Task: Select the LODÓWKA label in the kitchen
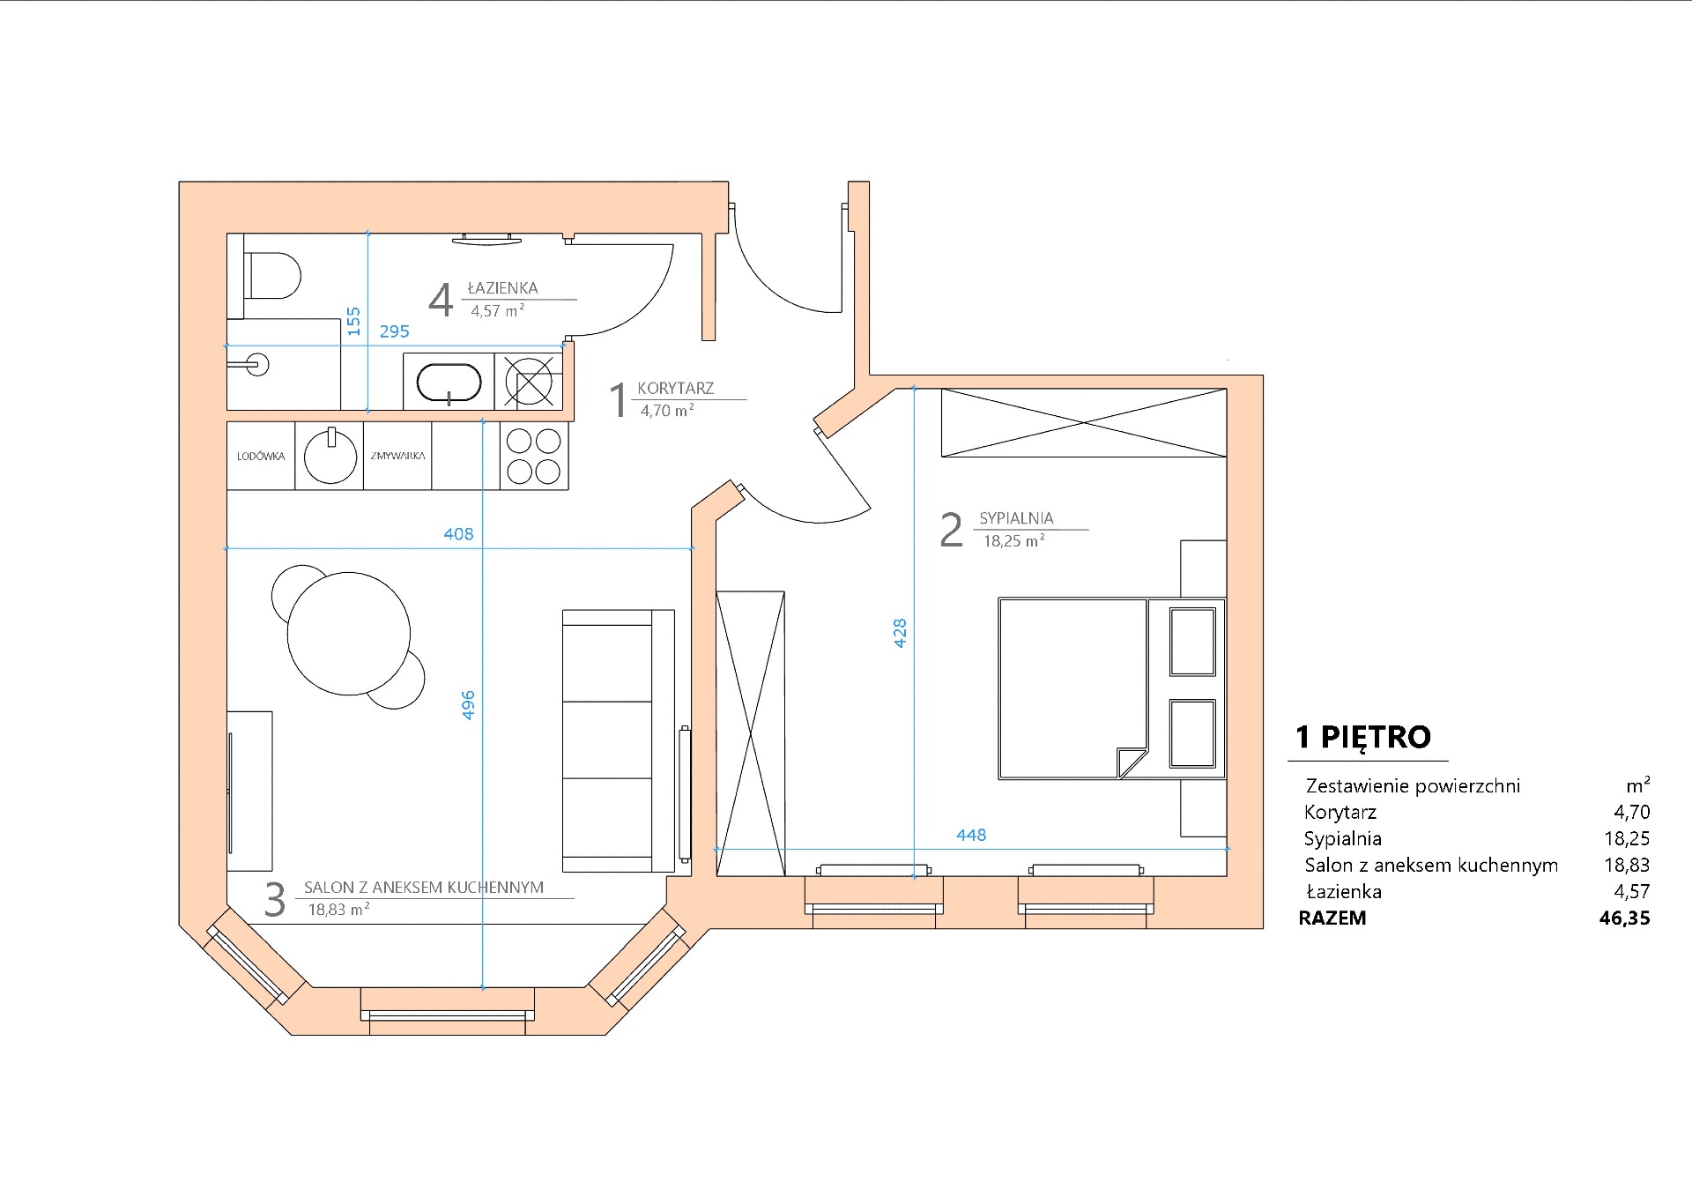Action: point(261,457)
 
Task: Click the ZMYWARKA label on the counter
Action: point(397,457)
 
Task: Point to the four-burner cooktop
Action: point(534,457)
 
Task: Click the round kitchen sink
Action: point(330,457)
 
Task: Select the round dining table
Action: point(349,633)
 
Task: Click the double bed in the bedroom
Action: point(1073,689)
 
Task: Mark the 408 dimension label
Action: point(458,534)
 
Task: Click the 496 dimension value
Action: point(469,705)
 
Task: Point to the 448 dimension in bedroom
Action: point(971,835)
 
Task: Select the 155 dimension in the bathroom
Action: point(354,321)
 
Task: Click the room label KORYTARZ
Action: point(676,389)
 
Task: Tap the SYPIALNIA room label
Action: point(1016,519)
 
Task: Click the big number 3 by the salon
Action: point(275,900)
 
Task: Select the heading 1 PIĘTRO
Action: point(1363,737)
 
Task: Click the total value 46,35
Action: point(1624,918)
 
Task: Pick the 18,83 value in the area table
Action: point(1626,866)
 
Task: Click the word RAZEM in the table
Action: point(1332,918)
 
